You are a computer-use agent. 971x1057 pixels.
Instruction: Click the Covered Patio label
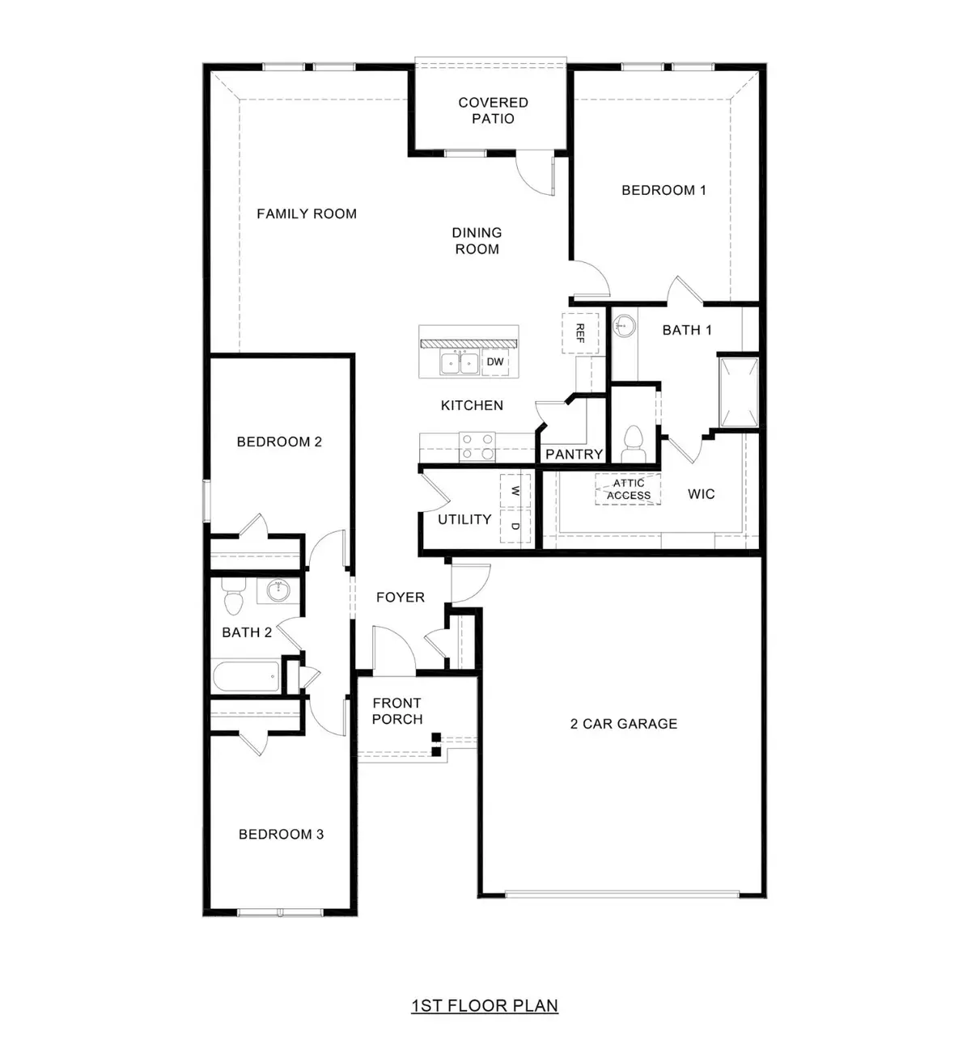pos(493,111)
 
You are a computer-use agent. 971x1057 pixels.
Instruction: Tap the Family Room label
pos(307,214)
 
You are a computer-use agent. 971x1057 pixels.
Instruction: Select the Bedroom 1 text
pos(664,191)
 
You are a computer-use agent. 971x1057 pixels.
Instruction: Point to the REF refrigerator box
pos(580,333)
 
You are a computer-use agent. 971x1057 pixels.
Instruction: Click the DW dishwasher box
pos(495,362)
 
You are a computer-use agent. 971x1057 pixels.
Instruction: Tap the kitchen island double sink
pos(459,363)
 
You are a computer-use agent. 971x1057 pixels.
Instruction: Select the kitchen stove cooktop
pos(477,446)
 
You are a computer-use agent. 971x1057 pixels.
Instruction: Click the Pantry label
pos(574,455)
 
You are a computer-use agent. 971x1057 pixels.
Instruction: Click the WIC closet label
pos(701,494)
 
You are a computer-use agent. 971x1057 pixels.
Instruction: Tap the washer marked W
pos(515,490)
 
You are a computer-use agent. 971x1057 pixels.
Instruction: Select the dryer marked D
pos(515,526)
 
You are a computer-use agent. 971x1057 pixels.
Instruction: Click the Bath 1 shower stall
pos(738,391)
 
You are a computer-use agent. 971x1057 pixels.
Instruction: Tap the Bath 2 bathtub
pos(246,676)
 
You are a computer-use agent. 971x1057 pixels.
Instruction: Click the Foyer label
pos(401,598)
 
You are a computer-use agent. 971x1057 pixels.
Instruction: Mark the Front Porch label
pos(397,712)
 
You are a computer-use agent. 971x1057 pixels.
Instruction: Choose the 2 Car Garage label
pos(624,725)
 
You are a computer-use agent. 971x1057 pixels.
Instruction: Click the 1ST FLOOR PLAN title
pos(485,1006)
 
